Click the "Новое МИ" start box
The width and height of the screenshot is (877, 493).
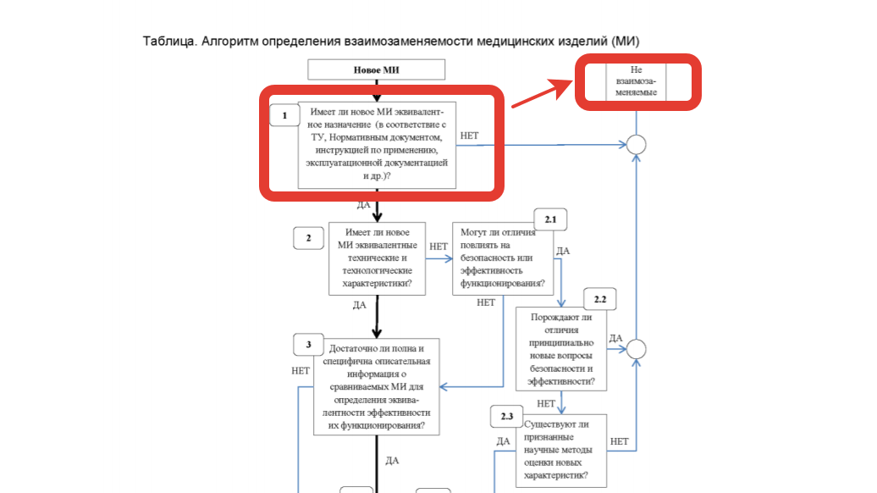click(x=376, y=69)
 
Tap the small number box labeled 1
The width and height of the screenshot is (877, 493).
click(x=284, y=114)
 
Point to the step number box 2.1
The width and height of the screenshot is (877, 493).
click(x=550, y=219)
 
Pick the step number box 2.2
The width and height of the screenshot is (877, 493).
click(x=600, y=300)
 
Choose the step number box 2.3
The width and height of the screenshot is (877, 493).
click(x=506, y=417)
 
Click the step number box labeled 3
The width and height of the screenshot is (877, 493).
click(x=309, y=345)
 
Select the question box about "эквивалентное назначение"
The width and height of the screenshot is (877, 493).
click(x=377, y=145)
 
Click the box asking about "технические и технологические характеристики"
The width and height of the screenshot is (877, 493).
click(x=377, y=258)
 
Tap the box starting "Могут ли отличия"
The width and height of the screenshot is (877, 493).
click(x=503, y=258)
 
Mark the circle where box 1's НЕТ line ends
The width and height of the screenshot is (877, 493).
click(x=637, y=145)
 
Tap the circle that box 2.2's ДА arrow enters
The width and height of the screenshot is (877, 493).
click(x=637, y=349)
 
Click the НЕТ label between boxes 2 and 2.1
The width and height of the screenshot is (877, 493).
click(x=438, y=246)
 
